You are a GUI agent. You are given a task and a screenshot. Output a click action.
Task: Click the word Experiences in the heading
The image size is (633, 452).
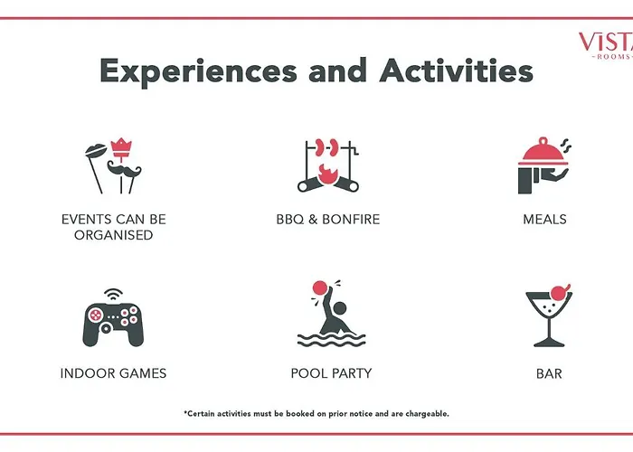(x=198, y=72)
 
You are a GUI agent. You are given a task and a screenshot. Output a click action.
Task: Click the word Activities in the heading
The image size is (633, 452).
(x=456, y=70)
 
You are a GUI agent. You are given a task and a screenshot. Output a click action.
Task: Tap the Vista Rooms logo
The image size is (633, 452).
(x=606, y=45)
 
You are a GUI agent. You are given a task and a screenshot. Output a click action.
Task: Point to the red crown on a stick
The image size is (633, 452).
(x=120, y=148)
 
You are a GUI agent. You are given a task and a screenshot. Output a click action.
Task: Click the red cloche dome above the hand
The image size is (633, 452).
(x=543, y=150)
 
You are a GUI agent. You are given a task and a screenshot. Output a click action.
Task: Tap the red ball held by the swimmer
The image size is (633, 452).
(x=320, y=287)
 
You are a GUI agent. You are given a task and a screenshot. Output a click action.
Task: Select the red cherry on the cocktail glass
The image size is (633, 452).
(x=560, y=292)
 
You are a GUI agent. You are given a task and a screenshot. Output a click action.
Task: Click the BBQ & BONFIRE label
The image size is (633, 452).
(x=327, y=219)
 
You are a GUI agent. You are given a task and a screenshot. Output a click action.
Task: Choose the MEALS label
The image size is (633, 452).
(x=544, y=219)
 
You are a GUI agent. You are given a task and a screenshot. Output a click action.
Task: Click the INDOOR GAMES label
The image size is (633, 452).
(x=113, y=373)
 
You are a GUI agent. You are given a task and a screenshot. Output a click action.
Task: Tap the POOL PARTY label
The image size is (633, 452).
(x=331, y=373)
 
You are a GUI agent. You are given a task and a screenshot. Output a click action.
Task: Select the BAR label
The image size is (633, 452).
(x=549, y=373)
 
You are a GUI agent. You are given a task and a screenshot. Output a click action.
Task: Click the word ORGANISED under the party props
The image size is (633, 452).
(x=113, y=235)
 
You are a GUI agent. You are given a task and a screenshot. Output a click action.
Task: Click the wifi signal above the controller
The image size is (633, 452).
(x=113, y=294)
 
